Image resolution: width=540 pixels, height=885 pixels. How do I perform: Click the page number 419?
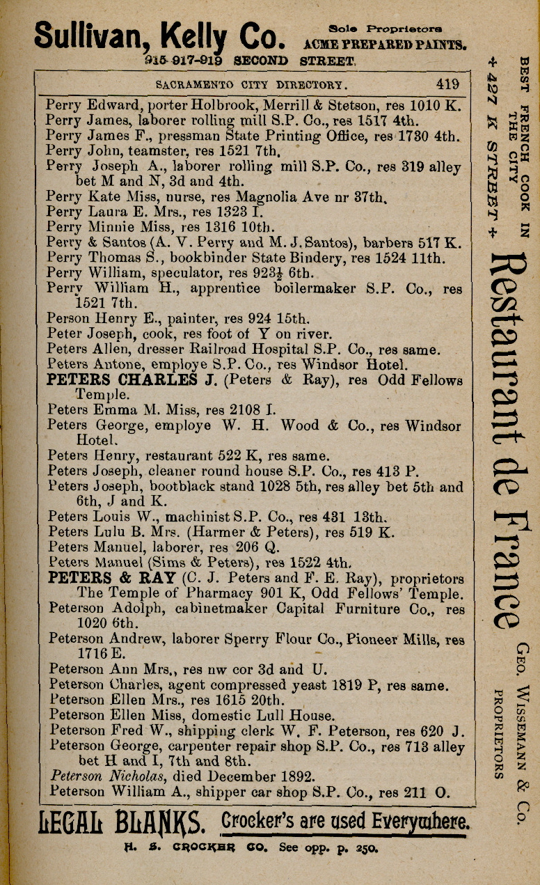tap(447, 85)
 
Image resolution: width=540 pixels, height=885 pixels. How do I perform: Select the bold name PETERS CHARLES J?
tap(122, 380)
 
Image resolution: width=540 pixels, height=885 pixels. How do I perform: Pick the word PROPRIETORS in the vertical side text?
tap(499, 733)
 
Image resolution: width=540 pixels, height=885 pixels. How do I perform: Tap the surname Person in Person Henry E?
tap(67, 319)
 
